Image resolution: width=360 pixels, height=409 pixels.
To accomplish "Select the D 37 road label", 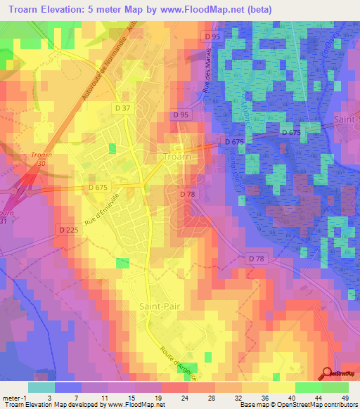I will pyautogui.click(x=122, y=108).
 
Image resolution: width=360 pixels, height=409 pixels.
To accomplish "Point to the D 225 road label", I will pyautogui.click(x=68, y=230).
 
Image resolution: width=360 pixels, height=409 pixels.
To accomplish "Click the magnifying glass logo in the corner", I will pyautogui.click(x=326, y=373).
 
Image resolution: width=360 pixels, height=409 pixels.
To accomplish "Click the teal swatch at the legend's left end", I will pyautogui.click(x=41, y=387).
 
